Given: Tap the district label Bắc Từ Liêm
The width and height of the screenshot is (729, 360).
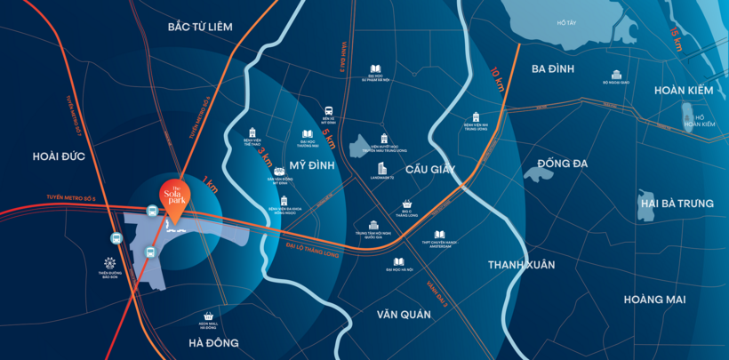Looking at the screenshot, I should coord(200,27).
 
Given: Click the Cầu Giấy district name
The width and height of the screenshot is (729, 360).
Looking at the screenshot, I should coord(430,169).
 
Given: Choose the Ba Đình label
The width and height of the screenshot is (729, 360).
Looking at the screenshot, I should coord(553,68).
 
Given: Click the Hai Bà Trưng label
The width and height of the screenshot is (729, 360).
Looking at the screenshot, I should coord(677,204).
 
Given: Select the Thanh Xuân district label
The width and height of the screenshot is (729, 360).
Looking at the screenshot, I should coord(521,264).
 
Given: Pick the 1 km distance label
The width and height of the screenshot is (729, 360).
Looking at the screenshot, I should coord(210,186).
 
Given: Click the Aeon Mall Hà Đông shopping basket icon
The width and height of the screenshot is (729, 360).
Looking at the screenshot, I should coord(208,316).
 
